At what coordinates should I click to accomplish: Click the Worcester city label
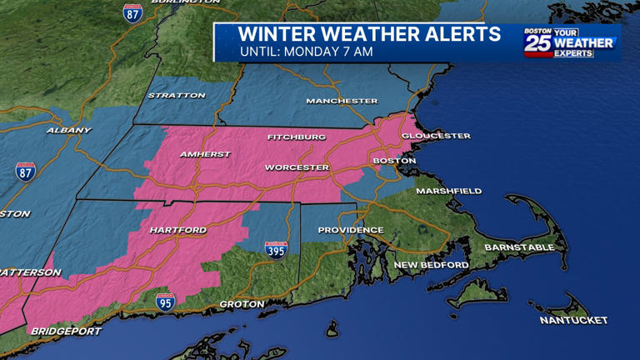(x=297, y=167)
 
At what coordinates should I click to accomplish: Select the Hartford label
(x=177, y=230)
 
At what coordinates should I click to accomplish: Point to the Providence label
(x=351, y=230)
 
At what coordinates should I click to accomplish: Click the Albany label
(x=69, y=130)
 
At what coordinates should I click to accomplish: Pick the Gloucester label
(x=436, y=136)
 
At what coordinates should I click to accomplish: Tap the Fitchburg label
(x=297, y=137)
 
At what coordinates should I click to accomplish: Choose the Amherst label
(x=205, y=154)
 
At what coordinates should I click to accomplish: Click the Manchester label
(x=342, y=101)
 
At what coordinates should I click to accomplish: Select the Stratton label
(x=177, y=96)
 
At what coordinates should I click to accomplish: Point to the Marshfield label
(x=448, y=191)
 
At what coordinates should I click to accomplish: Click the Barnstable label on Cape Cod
(x=519, y=247)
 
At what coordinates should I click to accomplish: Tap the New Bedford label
(x=431, y=265)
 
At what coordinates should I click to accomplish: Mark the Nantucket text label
(x=573, y=320)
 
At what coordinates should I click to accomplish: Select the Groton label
(x=242, y=304)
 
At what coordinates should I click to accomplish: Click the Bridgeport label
(x=66, y=331)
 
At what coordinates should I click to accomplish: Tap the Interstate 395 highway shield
(x=276, y=249)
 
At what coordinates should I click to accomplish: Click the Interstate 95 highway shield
(x=166, y=301)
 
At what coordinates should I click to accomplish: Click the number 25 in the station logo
(x=537, y=43)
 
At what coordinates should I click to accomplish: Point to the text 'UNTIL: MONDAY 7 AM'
(x=306, y=52)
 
